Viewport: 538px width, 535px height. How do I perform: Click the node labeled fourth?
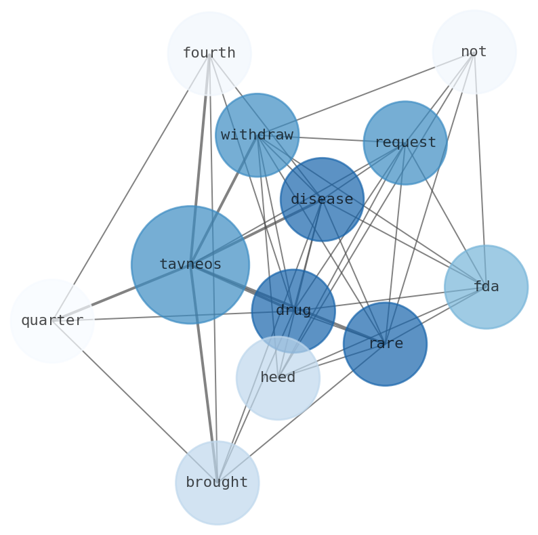[209, 53]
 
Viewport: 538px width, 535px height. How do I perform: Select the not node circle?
[474, 52]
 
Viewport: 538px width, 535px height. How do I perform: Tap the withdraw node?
[257, 135]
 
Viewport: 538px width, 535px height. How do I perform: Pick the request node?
[405, 143]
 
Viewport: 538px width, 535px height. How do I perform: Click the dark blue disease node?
[322, 200]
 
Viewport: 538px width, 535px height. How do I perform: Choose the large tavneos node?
[190, 265]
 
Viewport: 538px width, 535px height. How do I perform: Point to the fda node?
[486, 287]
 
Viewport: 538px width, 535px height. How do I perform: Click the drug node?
[293, 311]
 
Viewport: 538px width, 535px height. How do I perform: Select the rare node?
[385, 344]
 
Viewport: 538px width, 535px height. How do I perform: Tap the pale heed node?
[278, 378]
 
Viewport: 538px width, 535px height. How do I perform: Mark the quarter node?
[52, 321]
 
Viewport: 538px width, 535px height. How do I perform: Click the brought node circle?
[217, 483]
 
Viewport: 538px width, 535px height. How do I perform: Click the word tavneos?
[190, 265]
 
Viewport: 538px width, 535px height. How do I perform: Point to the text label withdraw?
[257, 135]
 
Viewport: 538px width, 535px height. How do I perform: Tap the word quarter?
[52, 321]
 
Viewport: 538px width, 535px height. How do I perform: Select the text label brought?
[217, 483]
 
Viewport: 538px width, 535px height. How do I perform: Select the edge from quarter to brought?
[134, 402]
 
